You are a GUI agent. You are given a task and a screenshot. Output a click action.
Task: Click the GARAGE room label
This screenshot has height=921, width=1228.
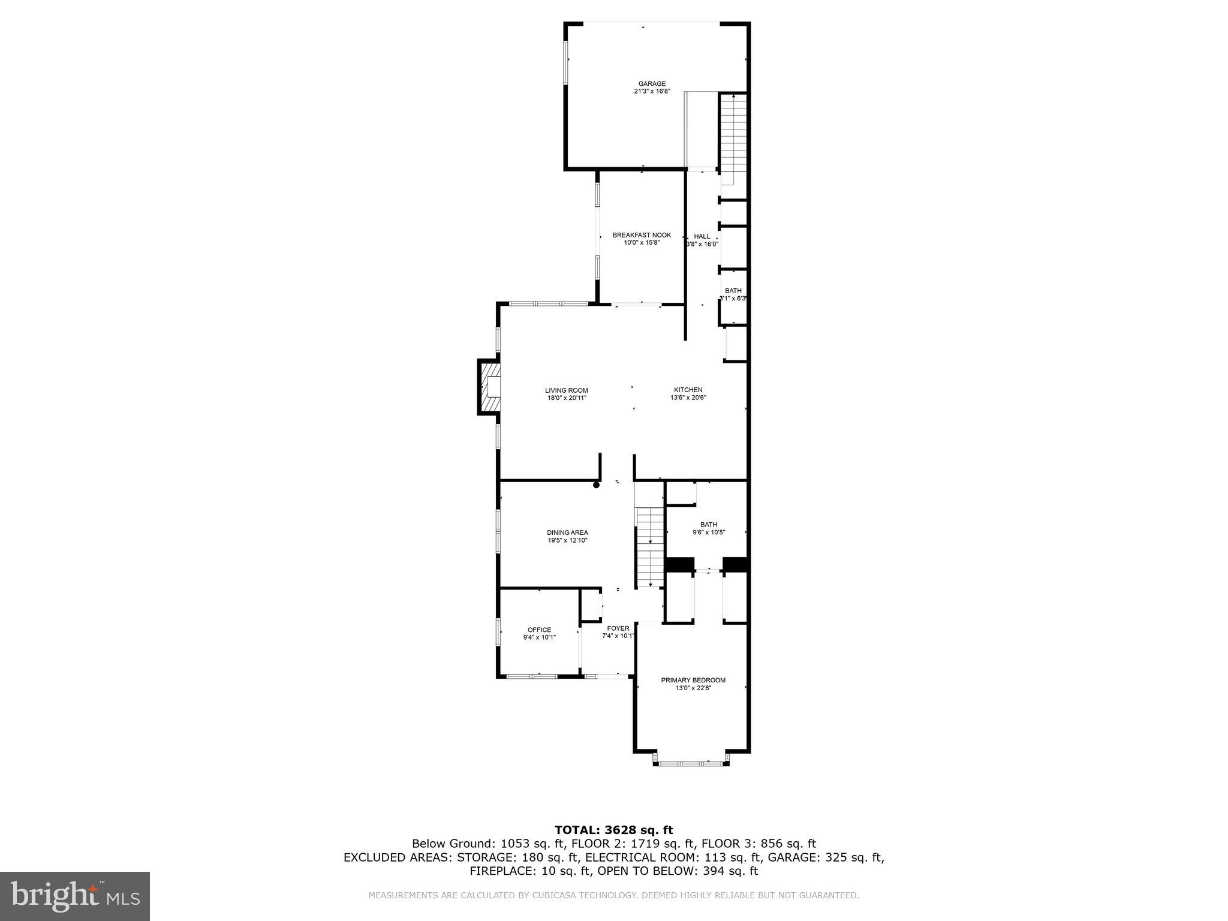click(x=651, y=84)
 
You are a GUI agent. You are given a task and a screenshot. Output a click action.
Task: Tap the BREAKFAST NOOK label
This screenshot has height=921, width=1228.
click(x=642, y=235)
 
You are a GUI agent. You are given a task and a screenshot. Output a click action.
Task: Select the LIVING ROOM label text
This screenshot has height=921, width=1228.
click(x=566, y=390)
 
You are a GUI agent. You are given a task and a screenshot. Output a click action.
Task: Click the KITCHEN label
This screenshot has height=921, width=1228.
click(x=688, y=390)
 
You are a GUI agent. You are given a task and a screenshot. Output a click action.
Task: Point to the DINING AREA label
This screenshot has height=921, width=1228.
click(x=567, y=532)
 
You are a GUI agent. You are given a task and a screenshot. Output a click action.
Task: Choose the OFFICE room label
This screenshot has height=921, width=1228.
click(x=539, y=630)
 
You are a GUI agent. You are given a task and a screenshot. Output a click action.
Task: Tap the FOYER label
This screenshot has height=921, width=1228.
click(x=618, y=628)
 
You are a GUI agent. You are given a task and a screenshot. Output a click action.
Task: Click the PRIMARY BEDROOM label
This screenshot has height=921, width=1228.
click(x=693, y=680)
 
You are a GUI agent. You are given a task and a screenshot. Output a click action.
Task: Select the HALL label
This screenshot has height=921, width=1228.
click(x=702, y=236)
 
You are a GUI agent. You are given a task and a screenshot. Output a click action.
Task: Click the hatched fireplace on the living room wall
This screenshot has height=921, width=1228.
click(x=489, y=387)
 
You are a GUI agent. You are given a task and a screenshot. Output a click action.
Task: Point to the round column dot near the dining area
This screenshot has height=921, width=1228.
click(x=596, y=486)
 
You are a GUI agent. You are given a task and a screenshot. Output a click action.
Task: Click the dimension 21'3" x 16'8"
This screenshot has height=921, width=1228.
click(x=651, y=92)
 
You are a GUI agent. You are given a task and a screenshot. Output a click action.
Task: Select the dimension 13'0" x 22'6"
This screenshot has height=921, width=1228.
click(x=693, y=688)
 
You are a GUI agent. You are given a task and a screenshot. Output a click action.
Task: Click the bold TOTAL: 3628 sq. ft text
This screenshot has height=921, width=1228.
click(x=613, y=830)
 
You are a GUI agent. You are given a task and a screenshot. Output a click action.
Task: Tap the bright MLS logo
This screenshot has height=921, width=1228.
click(x=75, y=896)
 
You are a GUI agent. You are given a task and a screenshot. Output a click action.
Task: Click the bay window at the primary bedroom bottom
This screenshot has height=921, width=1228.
click(x=691, y=763)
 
